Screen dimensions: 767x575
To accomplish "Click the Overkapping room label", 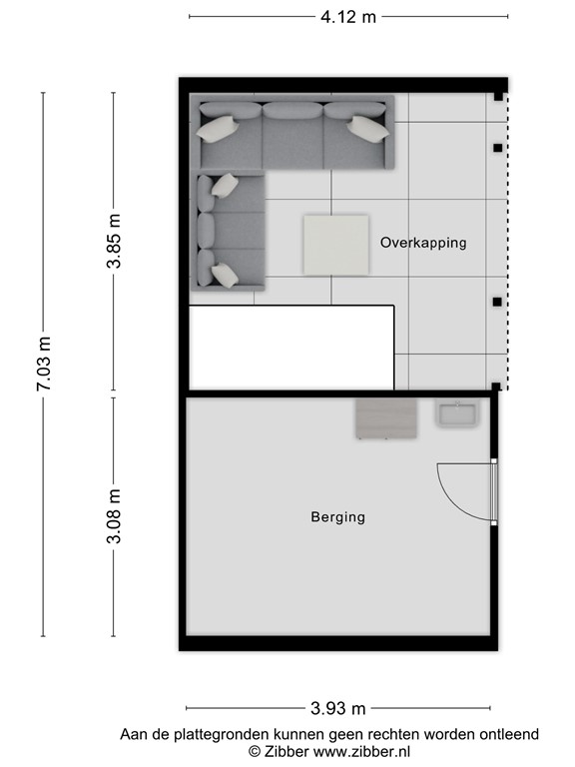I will pyautogui.click(x=423, y=243).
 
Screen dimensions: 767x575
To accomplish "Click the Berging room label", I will pyautogui.click(x=337, y=517).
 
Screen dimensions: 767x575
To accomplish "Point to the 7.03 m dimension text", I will pyautogui.click(x=44, y=365).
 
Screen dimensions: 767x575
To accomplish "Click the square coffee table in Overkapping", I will pyautogui.click(x=334, y=243).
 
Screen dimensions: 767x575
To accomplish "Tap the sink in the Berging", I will pyautogui.click(x=458, y=414).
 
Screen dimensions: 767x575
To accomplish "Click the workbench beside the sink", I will pyautogui.click(x=386, y=418).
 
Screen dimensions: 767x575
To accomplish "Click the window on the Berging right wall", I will pyautogui.click(x=494, y=491).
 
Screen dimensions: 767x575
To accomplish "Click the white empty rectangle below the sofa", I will pyautogui.click(x=291, y=347).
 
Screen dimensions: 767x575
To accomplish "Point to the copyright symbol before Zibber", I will pyautogui.click(x=255, y=751).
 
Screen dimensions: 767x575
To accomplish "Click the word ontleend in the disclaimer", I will pyautogui.click(x=510, y=735).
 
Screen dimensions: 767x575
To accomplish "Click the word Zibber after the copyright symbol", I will pyautogui.click(x=285, y=751).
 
